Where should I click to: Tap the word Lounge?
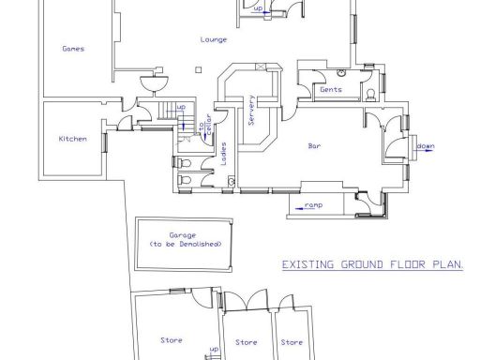point(214,39)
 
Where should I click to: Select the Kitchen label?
point(73,139)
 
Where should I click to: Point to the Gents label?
point(330,90)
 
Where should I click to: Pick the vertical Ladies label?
point(224,153)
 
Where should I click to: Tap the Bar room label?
point(316,146)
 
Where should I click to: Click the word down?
point(426,146)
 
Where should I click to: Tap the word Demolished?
point(200,243)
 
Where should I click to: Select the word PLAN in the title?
point(447,265)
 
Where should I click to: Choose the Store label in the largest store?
point(172,339)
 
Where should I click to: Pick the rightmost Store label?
point(293,341)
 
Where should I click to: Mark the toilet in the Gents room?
point(373,91)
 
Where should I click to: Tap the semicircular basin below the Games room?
point(150,83)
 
